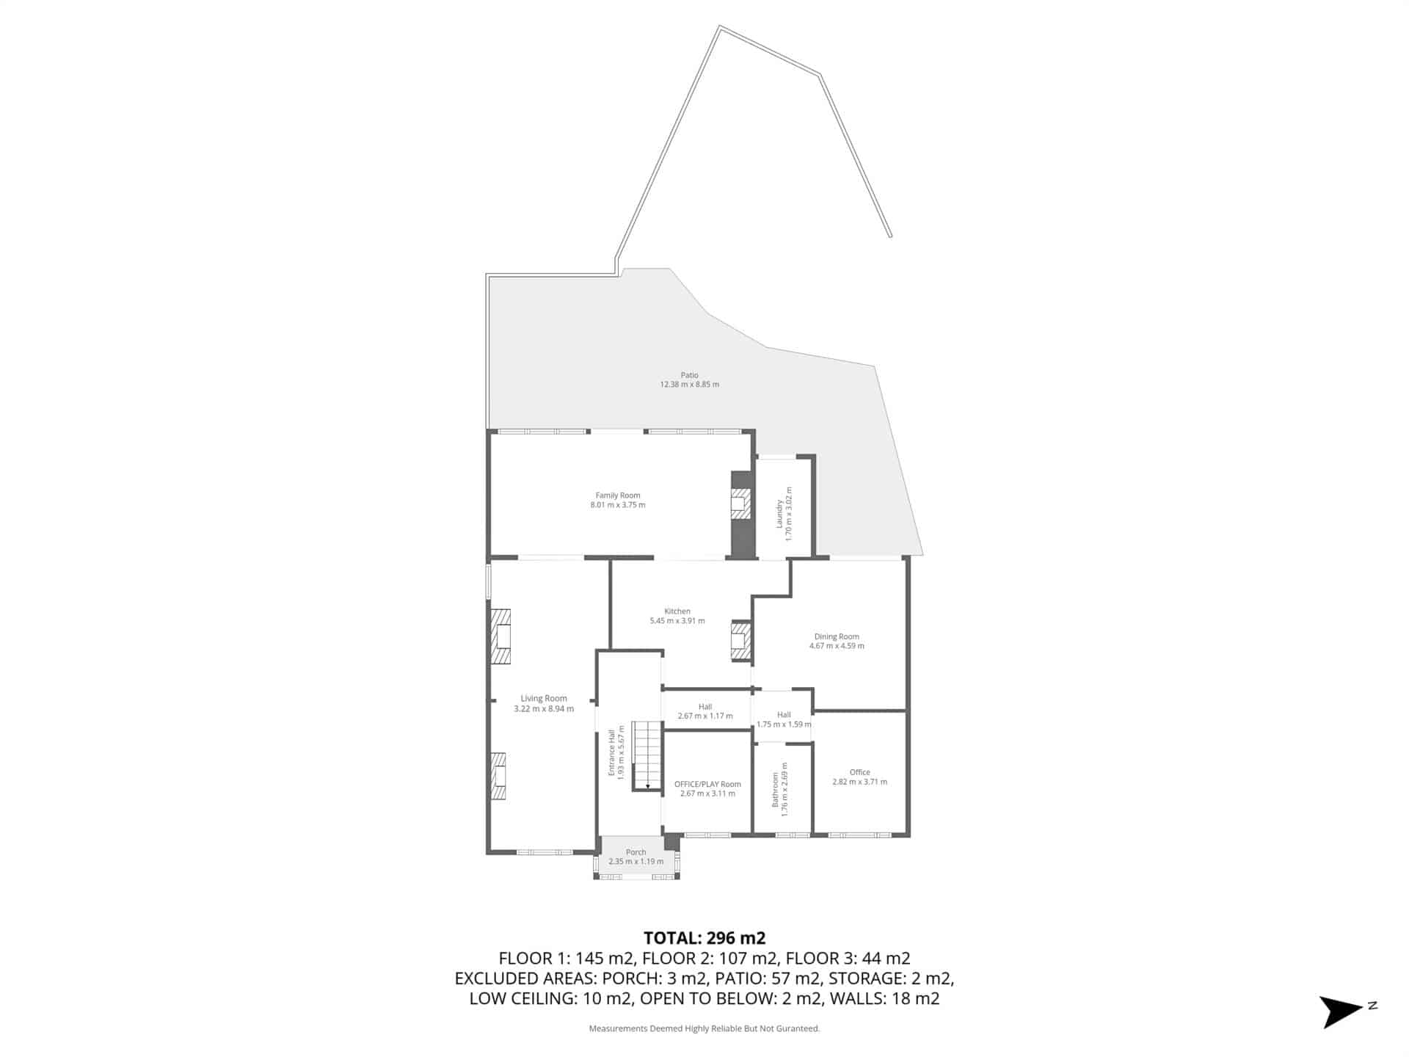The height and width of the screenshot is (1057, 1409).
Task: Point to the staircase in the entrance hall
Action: tap(647, 755)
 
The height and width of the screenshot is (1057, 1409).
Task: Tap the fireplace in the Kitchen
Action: tap(741, 641)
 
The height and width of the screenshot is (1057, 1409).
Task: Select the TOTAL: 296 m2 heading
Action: tap(704, 937)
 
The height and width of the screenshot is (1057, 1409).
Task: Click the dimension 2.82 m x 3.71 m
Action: tap(859, 782)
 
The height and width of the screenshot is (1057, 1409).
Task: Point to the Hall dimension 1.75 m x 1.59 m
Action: tap(784, 724)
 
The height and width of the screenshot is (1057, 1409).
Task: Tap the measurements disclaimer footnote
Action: tap(704, 1028)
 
